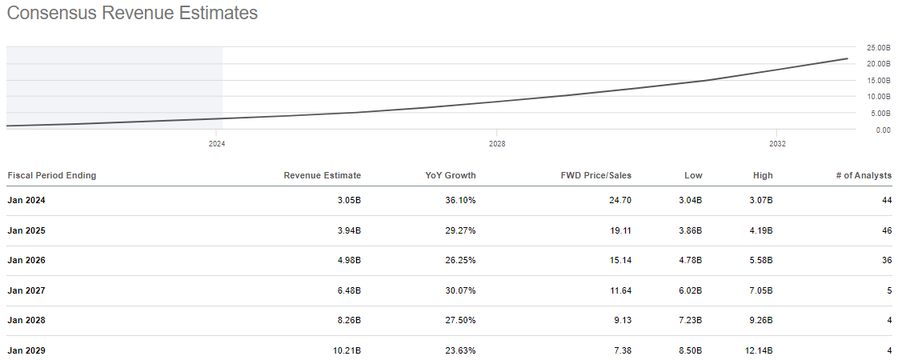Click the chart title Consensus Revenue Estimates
(x=132, y=14)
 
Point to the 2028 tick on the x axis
(x=496, y=144)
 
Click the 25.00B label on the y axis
(x=878, y=48)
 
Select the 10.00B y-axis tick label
(x=878, y=97)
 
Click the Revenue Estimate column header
(x=322, y=175)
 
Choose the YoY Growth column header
(x=450, y=175)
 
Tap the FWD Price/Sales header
(x=595, y=175)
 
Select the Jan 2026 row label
(x=26, y=261)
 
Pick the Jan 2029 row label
(x=26, y=350)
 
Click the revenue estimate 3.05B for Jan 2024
(x=349, y=200)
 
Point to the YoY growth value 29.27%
(x=459, y=230)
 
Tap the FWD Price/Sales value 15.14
(x=619, y=261)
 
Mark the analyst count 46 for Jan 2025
(x=886, y=230)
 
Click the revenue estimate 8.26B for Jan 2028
(x=349, y=321)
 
